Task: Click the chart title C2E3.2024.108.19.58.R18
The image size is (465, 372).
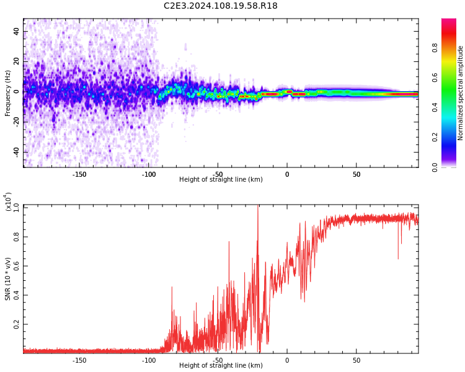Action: pos(220,6)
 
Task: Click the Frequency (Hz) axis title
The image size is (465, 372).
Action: pos(7,93)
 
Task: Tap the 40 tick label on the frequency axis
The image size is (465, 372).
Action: pos(16,31)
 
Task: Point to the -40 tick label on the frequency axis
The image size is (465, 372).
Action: pos(15,152)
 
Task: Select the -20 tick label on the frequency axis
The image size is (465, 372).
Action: pos(15,122)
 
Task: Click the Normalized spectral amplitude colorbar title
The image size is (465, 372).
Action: pos(461,93)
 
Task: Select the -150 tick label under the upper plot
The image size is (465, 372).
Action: pos(79,174)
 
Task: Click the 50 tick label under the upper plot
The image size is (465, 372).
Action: pos(356,174)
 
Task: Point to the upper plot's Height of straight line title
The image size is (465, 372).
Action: pos(221,180)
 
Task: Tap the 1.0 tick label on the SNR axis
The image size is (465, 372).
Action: pos(16,206)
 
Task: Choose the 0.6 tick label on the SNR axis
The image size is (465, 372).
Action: pos(16,265)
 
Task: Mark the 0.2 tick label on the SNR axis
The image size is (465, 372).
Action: pos(16,324)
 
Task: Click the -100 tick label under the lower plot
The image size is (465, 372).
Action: pos(149,360)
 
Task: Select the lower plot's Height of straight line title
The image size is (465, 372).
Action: pos(221,366)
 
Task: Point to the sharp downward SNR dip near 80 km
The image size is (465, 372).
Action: pos(398,257)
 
